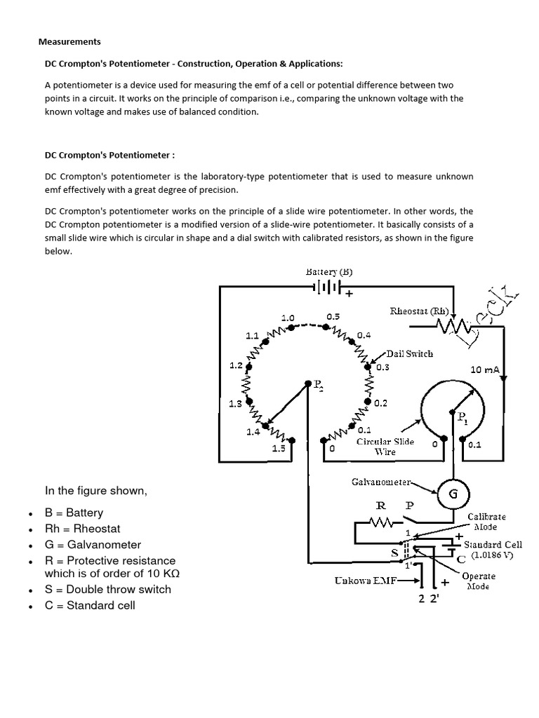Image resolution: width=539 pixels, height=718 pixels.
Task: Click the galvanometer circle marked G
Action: (453, 494)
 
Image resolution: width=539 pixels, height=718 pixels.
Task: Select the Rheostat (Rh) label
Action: (419, 311)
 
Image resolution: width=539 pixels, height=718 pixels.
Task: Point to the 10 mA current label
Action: (484, 369)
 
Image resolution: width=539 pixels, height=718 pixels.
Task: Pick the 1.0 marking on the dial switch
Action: (288, 317)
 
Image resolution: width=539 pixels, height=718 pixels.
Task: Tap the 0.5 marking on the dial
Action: (333, 317)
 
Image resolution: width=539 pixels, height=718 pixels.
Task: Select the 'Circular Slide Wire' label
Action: (385, 447)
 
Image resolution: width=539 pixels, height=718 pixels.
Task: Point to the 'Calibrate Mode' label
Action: (486, 521)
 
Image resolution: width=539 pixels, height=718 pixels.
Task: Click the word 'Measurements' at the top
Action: (69, 41)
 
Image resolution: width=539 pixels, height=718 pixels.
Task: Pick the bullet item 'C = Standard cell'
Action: (90, 604)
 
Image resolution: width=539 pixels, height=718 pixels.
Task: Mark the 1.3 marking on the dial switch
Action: (235, 404)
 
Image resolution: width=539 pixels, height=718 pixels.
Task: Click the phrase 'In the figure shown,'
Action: (96, 490)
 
